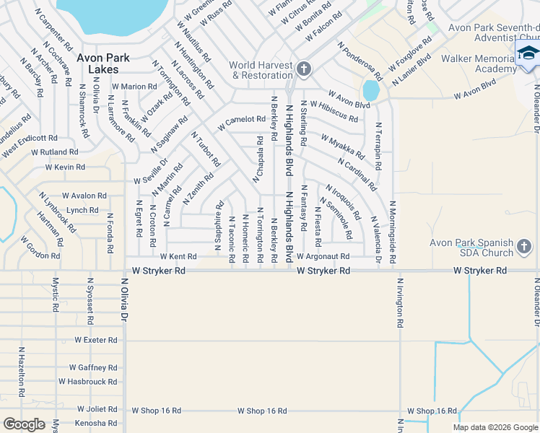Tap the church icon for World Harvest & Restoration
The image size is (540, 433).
pos(304,69)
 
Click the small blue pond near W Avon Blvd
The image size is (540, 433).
pos(371,90)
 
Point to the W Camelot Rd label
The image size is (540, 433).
pos(241,120)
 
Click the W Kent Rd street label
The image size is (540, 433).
pos(178,256)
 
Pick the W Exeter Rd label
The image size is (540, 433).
pos(95,340)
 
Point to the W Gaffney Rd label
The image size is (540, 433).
pos(92,367)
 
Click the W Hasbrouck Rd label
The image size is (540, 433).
pos(88,382)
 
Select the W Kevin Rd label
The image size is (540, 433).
pos(65,167)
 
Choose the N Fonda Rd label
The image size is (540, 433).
pos(110,232)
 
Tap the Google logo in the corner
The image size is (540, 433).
pos(24,424)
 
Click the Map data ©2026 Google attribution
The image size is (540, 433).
pos(495,427)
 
